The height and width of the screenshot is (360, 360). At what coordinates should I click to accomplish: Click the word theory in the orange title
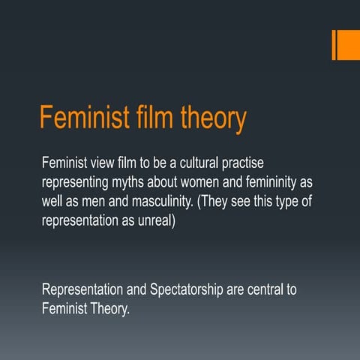point(208,120)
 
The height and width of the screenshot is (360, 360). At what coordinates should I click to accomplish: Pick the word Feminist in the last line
point(65,309)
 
